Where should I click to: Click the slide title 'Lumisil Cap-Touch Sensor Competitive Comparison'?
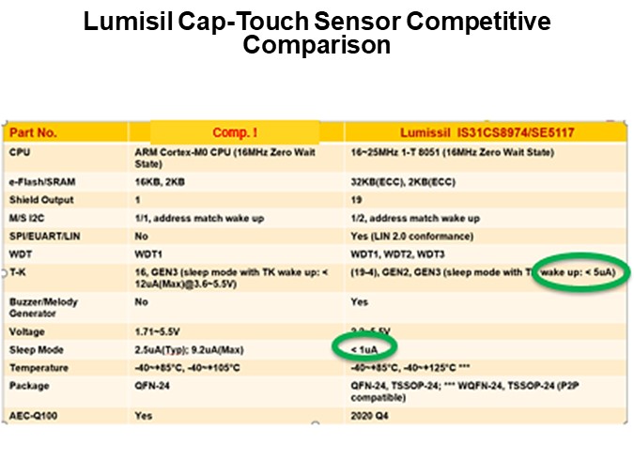tap(317, 33)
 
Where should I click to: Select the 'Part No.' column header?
tap(34, 132)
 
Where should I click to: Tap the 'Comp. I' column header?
tap(235, 132)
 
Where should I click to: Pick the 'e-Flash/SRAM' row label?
tap(39, 182)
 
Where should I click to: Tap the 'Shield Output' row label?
tap(41, 200)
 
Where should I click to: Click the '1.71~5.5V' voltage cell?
tap(158, 331)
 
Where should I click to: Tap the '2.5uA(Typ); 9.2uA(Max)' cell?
tap(184, 349)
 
